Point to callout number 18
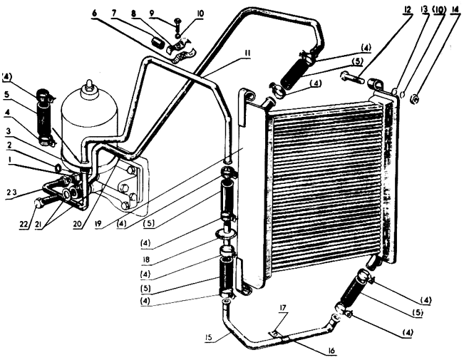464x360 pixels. point(146,259)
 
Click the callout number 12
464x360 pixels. point(408,9)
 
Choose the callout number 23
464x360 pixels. point(12,192)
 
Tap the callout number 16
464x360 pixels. point(331,351)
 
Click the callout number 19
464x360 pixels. point(98,224)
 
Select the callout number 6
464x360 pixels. point(94,14)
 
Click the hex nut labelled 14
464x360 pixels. point(415,100)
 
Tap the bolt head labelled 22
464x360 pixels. point(38,204)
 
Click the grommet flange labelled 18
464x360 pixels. point(226,234)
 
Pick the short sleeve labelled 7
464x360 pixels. point(158,43)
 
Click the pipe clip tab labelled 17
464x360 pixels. point(274,334)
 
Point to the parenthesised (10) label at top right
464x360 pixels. point(439,9)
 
